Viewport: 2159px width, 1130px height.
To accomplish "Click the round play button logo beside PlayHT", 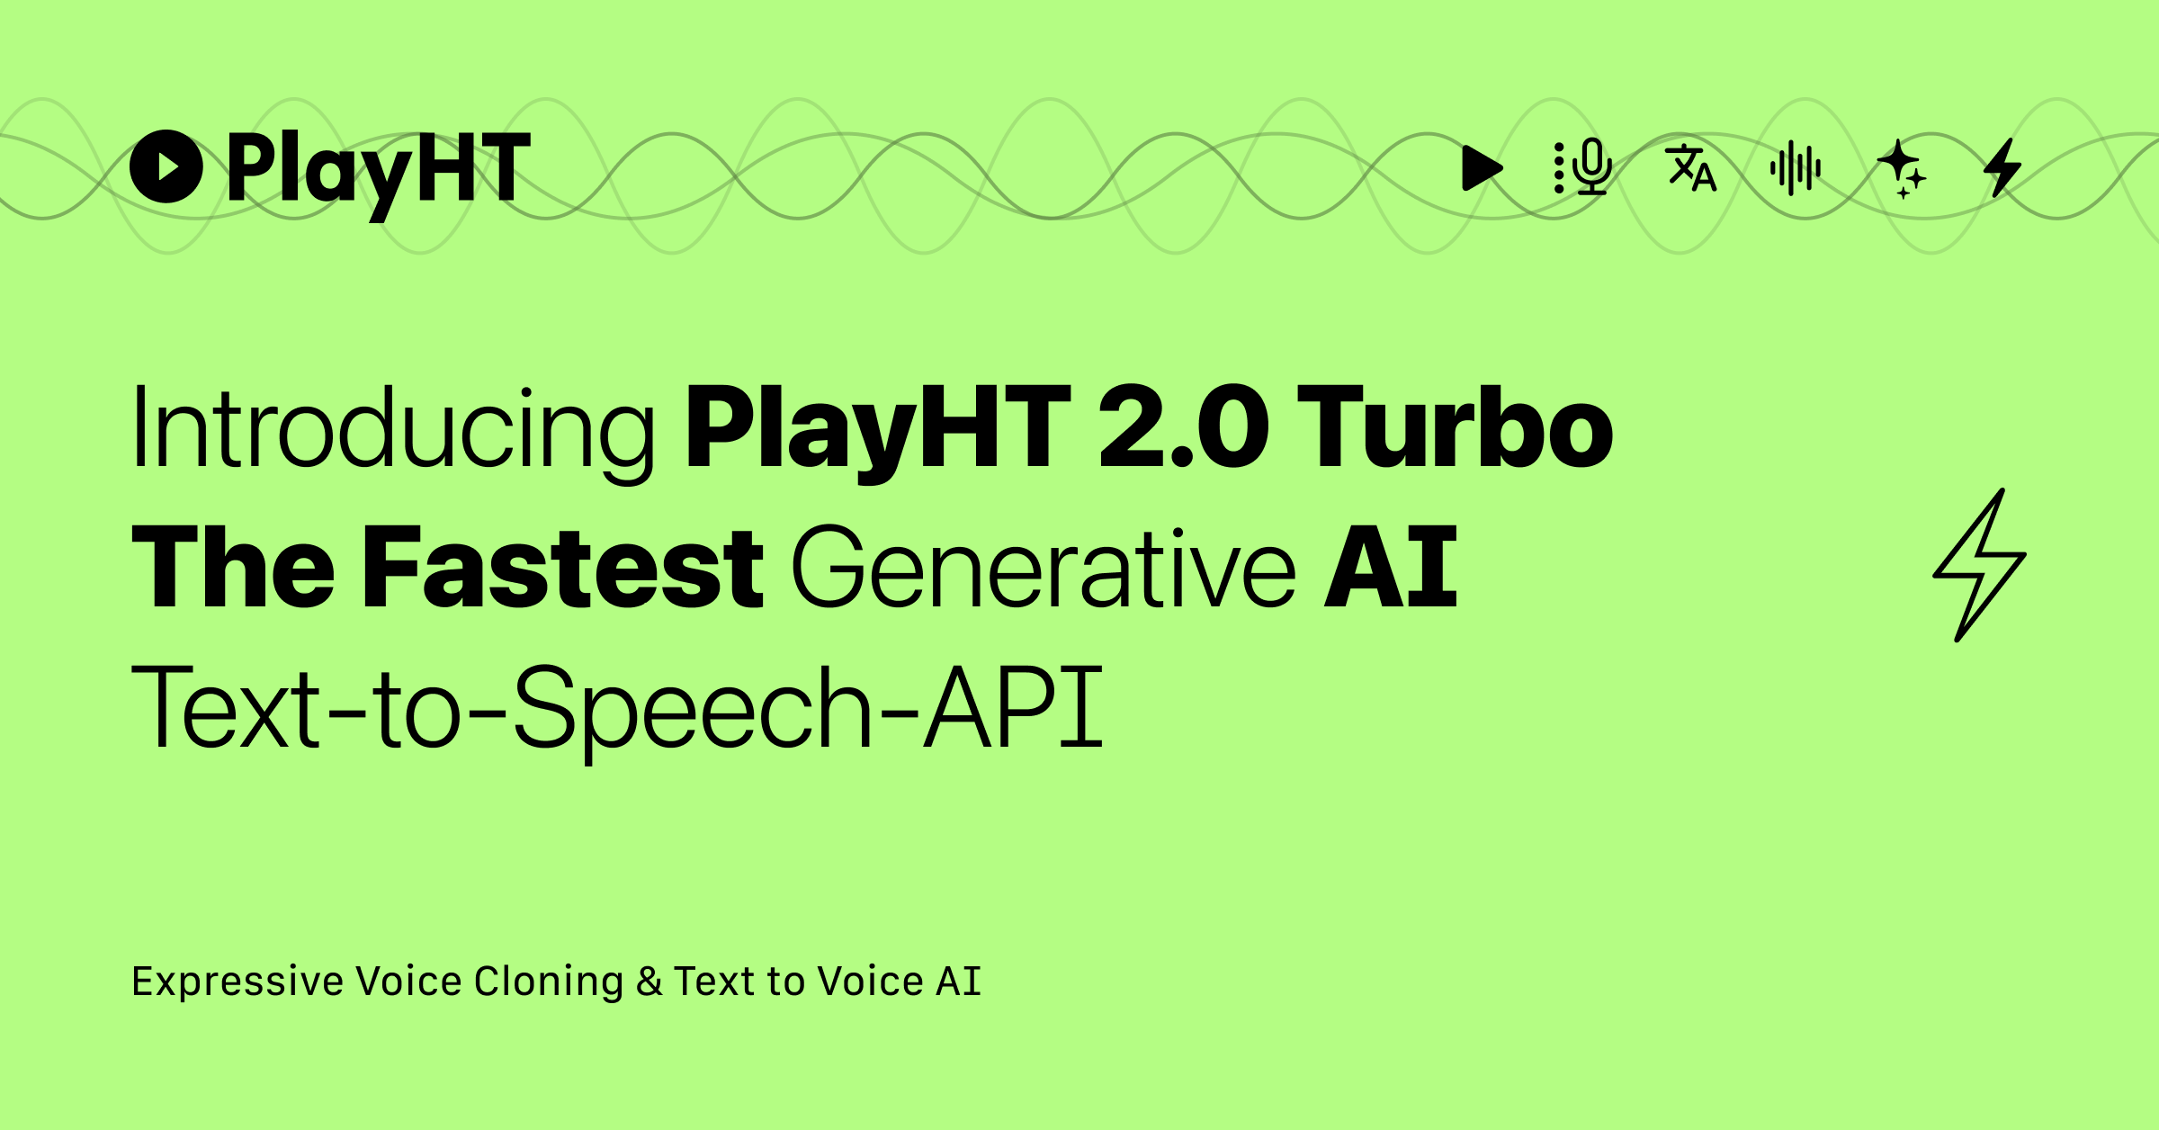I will [x=166, y=166].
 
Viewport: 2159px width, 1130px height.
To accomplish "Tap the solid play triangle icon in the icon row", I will [x=1481, y=168].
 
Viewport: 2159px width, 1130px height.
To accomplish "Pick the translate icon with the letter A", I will [x=1691, y=168].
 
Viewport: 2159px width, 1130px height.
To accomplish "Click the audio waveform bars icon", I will [x=1796, y=168].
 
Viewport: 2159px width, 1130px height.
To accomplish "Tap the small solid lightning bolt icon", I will [x=2003, y=168].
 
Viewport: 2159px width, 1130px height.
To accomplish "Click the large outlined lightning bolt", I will [x=1980, y=565].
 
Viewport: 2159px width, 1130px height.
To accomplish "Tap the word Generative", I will [x=1044, y=569].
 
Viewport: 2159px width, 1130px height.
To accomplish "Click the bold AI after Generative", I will [x=1391, y=569].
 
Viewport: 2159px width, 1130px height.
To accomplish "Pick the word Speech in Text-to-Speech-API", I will [x=693, y=709].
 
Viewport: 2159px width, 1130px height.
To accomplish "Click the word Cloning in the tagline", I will [x=549, y=982].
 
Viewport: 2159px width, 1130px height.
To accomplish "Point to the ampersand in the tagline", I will [x=649, y=982].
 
